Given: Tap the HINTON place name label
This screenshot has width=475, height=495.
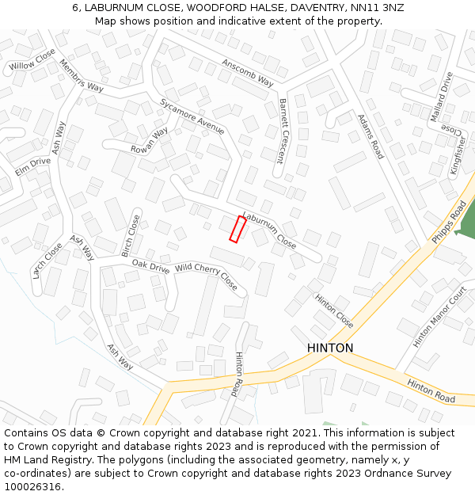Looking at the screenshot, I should click(330, 348).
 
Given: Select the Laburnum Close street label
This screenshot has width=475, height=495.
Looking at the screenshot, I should click(269, 230).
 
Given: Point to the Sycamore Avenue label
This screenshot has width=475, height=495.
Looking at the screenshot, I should click(192, 116).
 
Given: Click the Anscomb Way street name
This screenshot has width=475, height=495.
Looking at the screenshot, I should click(247, 72).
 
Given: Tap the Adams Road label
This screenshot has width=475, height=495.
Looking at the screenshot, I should click(370, 135).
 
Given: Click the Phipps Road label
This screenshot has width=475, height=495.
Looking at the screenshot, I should click(450, 222).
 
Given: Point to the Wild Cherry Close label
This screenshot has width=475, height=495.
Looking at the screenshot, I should click(206, 276).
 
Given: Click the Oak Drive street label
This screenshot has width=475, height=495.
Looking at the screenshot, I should click(150, 267).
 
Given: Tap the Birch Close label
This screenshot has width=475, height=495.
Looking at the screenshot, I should click(131, 235).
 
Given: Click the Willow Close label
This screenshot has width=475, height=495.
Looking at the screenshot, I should click(33, 59).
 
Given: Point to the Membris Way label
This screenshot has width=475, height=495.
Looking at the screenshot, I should click(82, 76).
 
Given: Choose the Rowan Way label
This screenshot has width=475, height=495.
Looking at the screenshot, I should click(149, 139).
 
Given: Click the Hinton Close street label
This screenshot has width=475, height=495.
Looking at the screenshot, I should click(334, 311).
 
